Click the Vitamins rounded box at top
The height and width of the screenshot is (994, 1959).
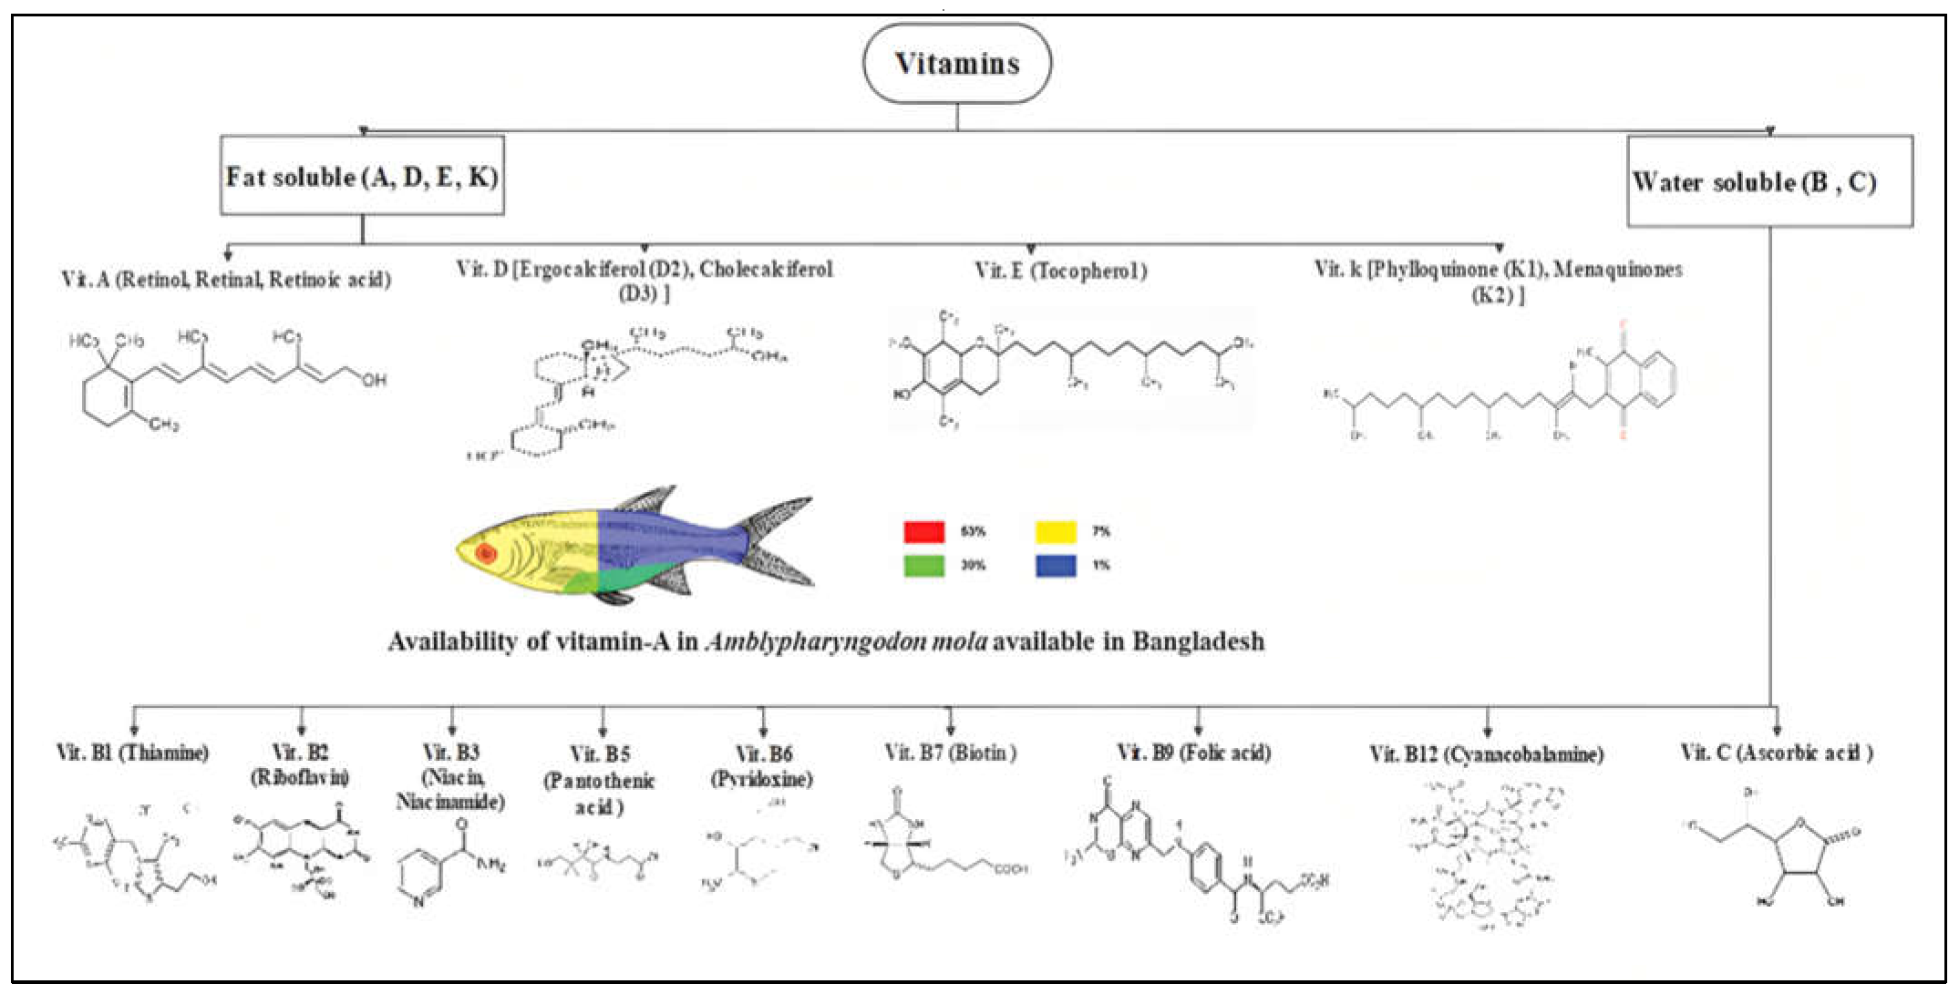[956, 64]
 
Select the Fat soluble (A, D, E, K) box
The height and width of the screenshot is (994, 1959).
[362, 177]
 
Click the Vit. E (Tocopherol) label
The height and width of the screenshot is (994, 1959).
[1060, 271]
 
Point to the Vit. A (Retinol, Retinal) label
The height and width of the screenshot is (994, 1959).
[226, 280]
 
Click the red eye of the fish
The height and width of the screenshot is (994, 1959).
[486, 553]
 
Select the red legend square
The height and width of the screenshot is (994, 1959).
[923, 532]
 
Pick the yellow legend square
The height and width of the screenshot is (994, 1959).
[1056, 532]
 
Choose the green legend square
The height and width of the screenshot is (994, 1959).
[923, 566]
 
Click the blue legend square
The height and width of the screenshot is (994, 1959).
[1056, 566]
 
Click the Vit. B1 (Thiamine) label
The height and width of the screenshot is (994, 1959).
[133, 753]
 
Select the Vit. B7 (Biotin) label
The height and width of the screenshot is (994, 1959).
[950, 753]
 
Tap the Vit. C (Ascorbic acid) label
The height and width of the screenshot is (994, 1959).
[1776, 753]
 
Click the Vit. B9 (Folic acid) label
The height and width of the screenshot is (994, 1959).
[1194, 753]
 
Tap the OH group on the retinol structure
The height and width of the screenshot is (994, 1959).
[374, 380]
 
